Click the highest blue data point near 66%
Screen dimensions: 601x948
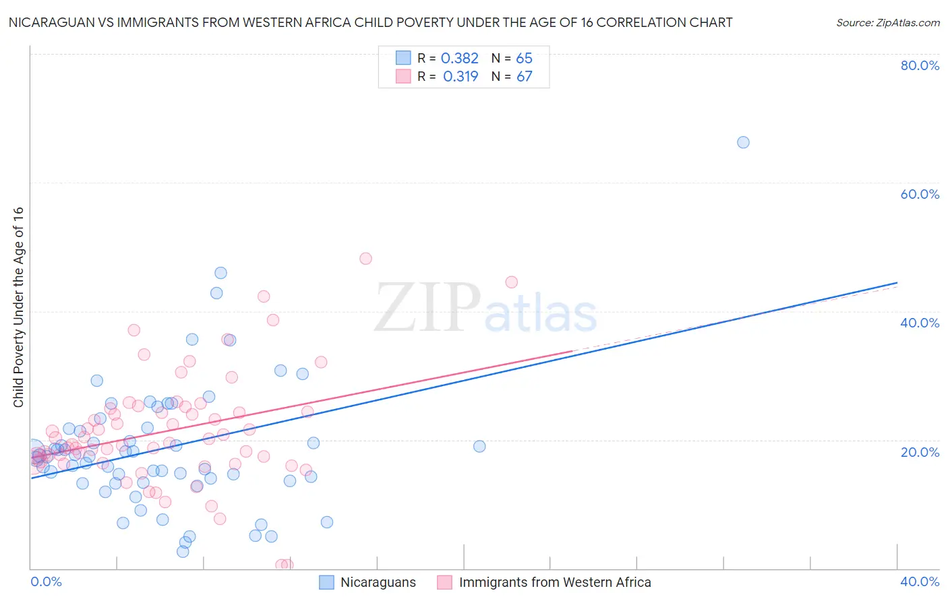pyautogui.click(x=743, y=142)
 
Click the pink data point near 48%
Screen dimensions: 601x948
pyautogui.click(x=365, y=259)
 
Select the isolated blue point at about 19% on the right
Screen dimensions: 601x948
pyautogui.click(x=479, y=446)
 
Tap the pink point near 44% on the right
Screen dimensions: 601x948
pyautogui.click(x=511, y=282)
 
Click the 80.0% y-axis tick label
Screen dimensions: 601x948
pyautogui.click(x=920, y=65)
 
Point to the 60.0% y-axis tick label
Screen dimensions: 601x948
pyautogui.click(x=920, y=194)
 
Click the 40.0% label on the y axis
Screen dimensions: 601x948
pyautogui.click(x=920, y=323)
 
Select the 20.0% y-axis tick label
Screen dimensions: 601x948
pyautogui.click(x=920, y=451)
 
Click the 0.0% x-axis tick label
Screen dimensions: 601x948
pyautogui.click(x=46, y=581)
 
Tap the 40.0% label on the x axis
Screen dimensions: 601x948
pyautogui.click(x=920, y=581)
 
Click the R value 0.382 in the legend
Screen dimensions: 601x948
pyautogui.click(x=460, y=59)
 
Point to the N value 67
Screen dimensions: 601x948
pyautogui.click(x=525, y=77)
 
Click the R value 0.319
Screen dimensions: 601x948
pyautogui.click(x=461, y=77)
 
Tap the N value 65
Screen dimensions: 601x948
pyautogui.click(x=524, y=59)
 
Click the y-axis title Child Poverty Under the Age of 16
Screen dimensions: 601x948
pyautogui.click(x=18, y=307)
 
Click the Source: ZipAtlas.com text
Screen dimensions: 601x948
pyautogui.click(x=887, y=23)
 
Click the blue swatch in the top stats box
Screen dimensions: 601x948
pyautogui.click(x=403, y=58)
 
